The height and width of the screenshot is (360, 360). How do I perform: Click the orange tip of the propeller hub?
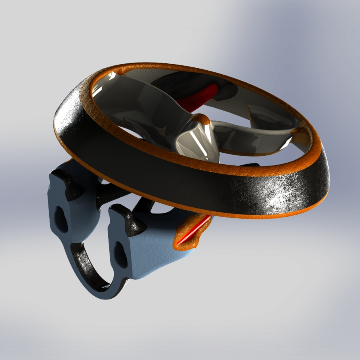click(x=201, y=119)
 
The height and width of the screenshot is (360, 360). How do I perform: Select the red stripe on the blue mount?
click(x=197, y=230)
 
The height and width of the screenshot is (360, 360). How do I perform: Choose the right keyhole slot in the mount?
click(x=121, y=254)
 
